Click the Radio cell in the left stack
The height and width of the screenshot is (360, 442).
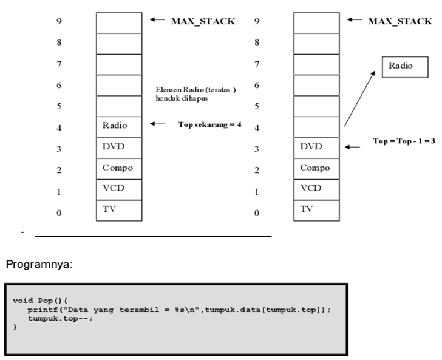[x=118, y=126]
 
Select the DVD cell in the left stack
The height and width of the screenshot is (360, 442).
[x=118, y=147]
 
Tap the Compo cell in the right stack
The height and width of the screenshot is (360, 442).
[x=316, y=168]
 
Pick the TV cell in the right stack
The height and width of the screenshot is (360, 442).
[x=316, y=209]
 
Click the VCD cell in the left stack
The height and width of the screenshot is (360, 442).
[x=118, y=189]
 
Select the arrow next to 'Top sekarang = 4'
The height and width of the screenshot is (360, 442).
[x=157, y=124]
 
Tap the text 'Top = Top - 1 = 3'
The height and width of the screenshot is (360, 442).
[x=404, y=140]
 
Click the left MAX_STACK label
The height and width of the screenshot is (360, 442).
[x=203, y=21]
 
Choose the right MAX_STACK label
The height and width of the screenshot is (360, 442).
[x=400, y=21]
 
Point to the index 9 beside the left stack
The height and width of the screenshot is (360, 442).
[x=59, y=22]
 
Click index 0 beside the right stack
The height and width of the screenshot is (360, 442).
[x=257, y=212]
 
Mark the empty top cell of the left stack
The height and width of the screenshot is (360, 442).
[x=118, y=22]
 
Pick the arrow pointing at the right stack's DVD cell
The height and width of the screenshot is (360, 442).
[x=352, y=146]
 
